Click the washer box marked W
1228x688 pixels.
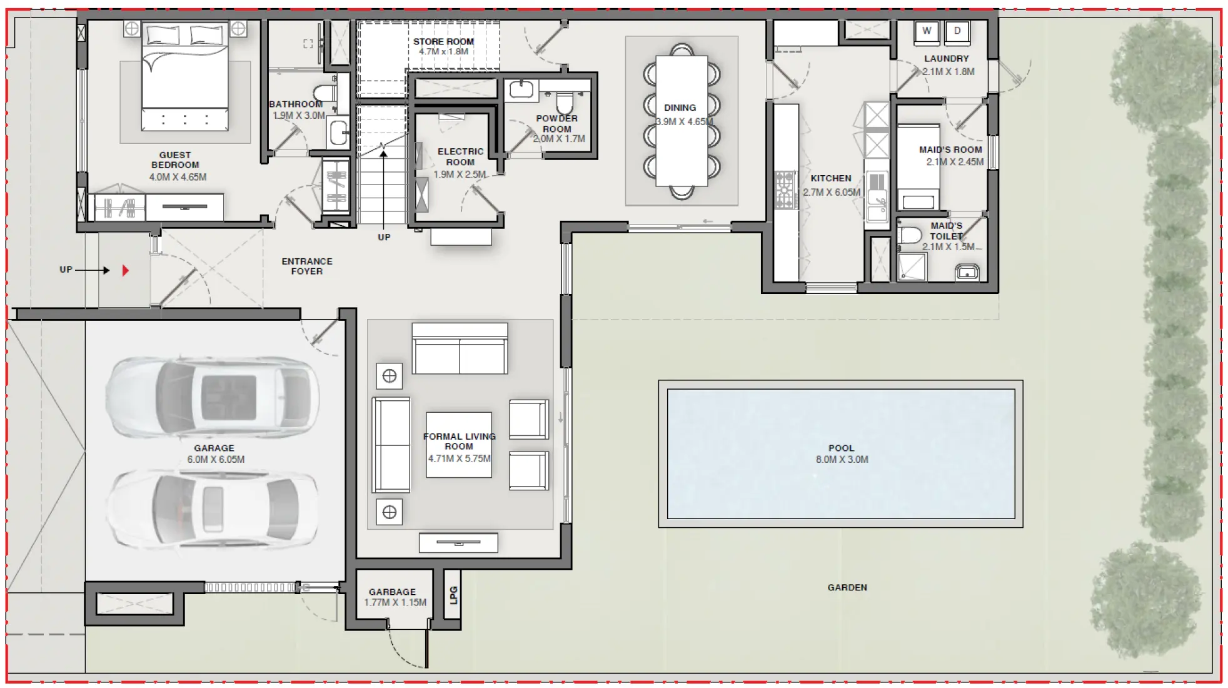pyautogui.click(x=926, y=31)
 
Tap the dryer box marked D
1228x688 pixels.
pyautogui.click(x=957, y=31)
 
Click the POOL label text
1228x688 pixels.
pyautogui.click(x=841, y=448)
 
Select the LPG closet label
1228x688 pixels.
pyautogui.click(x=453, y=595)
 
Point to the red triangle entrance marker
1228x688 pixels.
pyautogui.click(x=125, y=270)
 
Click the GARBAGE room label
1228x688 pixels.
pyautogui.click(x=392, y=592)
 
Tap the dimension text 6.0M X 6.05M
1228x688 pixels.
pyautogui.click(x=216, y=459)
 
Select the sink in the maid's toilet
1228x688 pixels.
pyautogui.click(x=967, y=272)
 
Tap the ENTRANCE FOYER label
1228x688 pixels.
pyautogui.click(x=306, y=266)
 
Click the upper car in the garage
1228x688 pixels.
pyautogui.click(x=213, y=398)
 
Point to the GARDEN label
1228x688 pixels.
pyautogui.click(x=847, y=587)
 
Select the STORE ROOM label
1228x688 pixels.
pyautogui.click(x=443, y=41)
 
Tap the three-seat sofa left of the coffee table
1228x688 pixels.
pyautogui.click(x=391, y=445)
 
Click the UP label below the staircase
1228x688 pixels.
pyautogui.click(x=384, y=237)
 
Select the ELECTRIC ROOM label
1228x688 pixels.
pyautogui.click(x=460, y=156)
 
